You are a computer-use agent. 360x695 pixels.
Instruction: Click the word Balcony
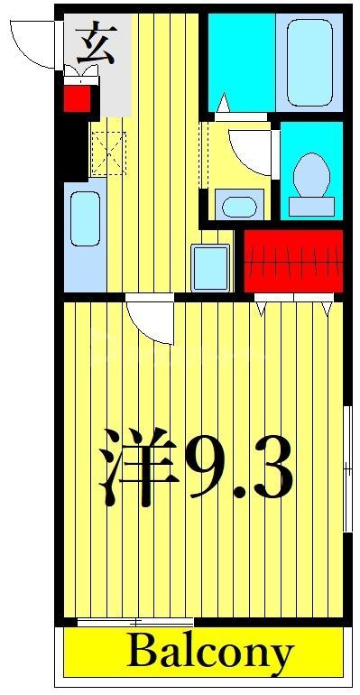pos(210,653)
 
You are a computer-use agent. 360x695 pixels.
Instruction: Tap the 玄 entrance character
pos(95,44)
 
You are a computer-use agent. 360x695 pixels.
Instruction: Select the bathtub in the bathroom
pos(309,61)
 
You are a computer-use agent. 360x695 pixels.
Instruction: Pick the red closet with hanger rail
pos(294,261)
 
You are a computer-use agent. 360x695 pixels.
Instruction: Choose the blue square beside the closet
pos(212,266)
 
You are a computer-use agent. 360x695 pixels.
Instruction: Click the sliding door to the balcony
pos(135,622)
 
